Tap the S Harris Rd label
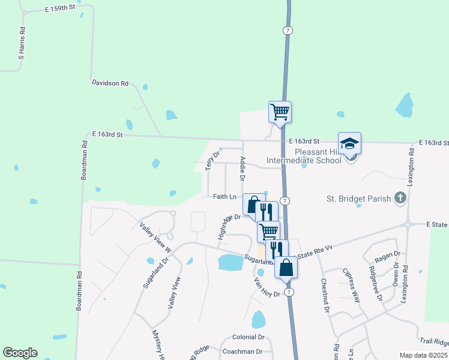(22, 43)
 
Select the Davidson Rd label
(110, 83)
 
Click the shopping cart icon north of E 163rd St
(280, 111)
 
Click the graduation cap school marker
(350, 143)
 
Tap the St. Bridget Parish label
(358, 198)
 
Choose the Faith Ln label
(225, 196)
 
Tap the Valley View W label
(155, 236)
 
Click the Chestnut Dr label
(325, 296)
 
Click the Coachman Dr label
(243, 352)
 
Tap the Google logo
(20, 353)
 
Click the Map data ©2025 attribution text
(424, 355)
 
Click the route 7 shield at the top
(289, 29)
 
